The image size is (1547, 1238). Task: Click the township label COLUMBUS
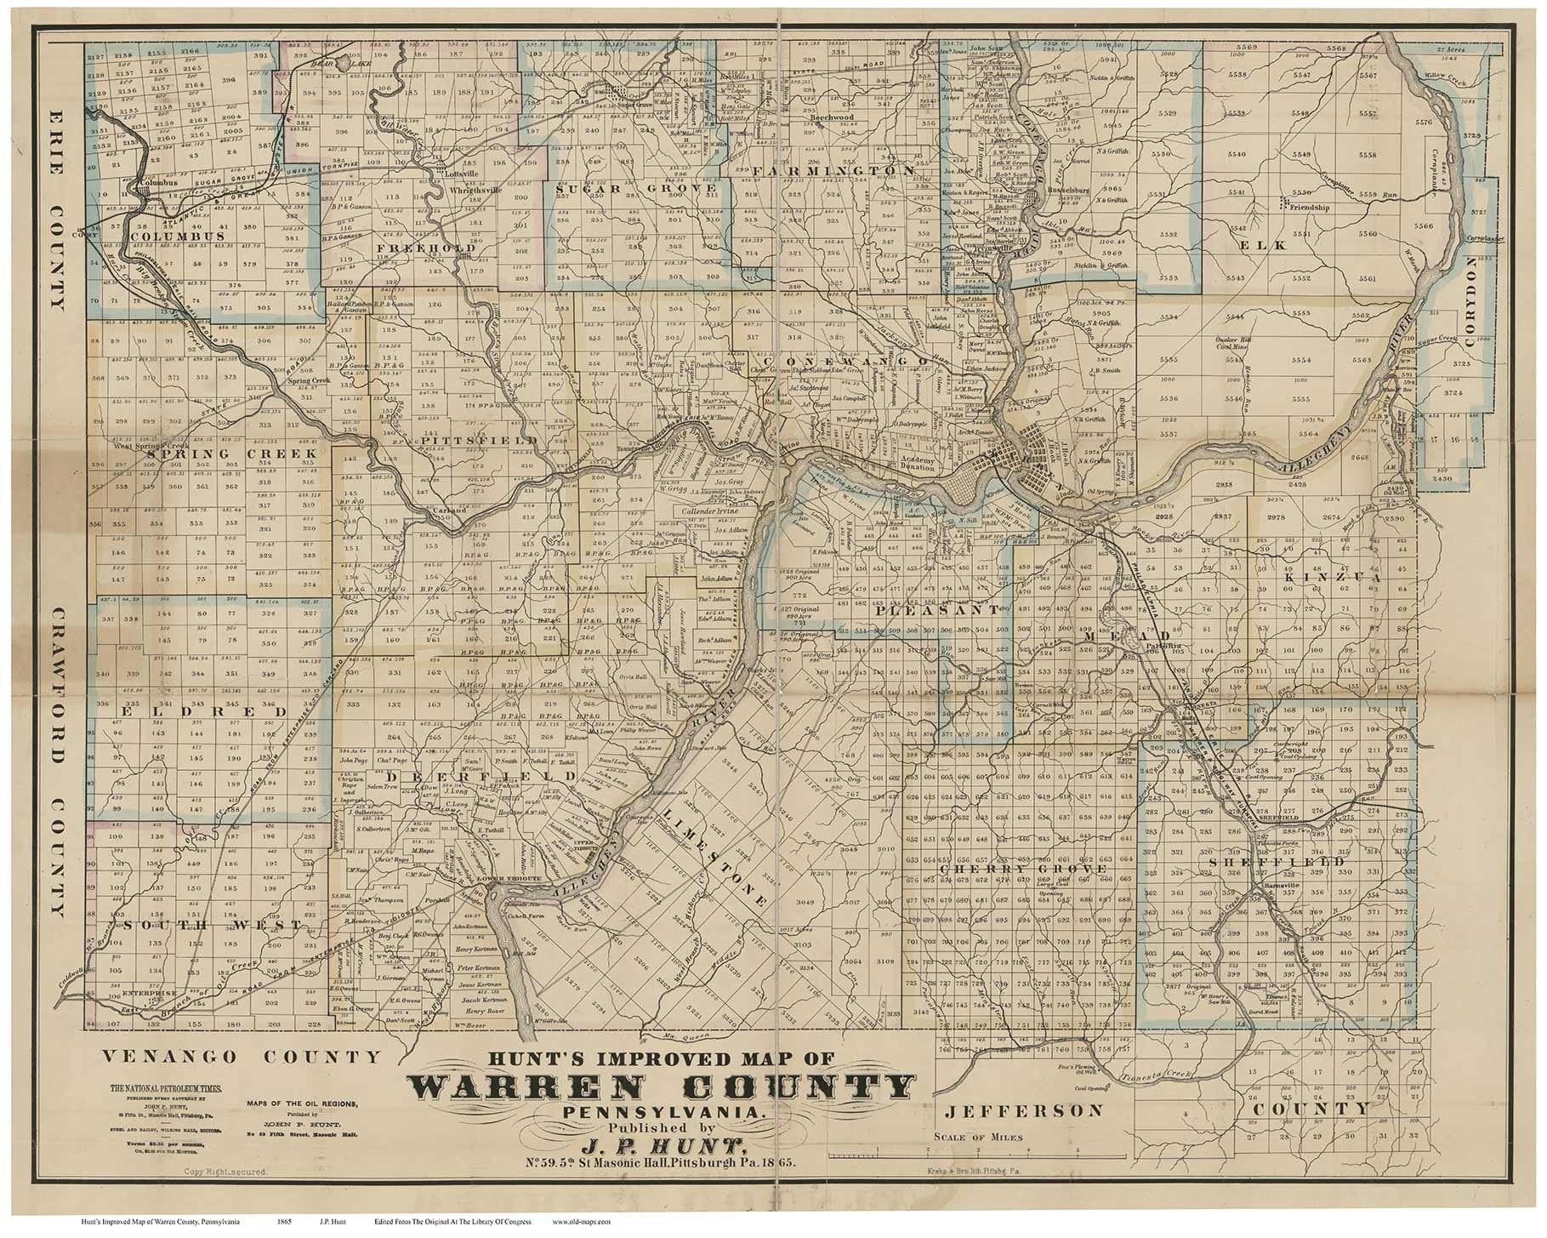[177, 236]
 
